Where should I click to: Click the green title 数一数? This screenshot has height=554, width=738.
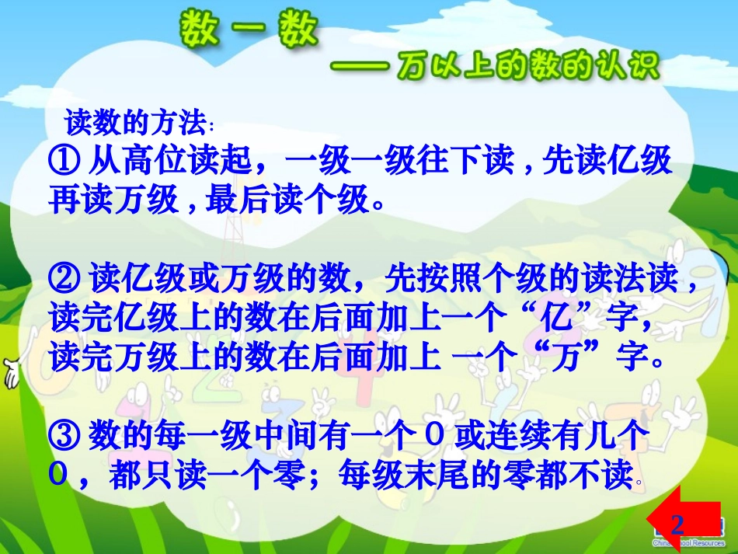[x=249, y=33]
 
